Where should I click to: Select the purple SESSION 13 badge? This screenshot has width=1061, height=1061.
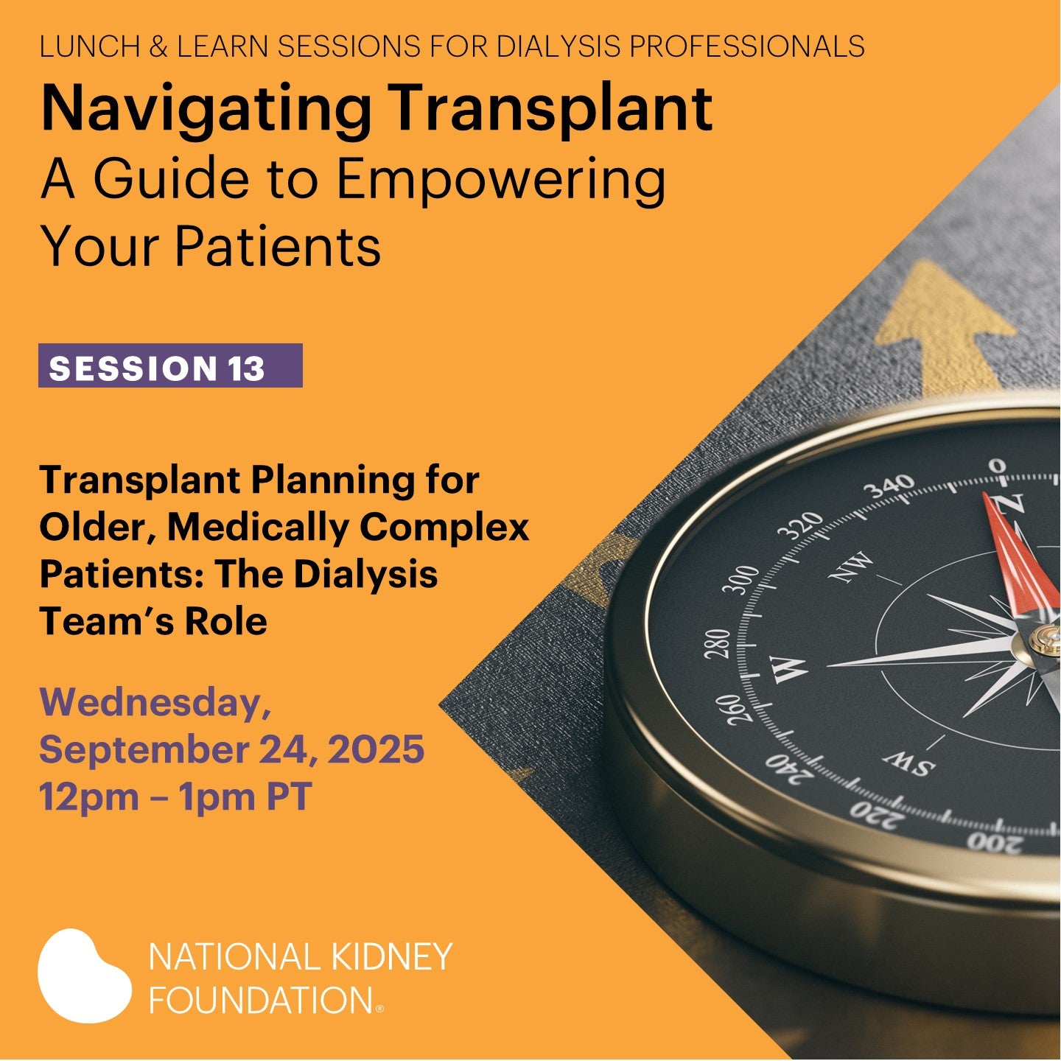pyautogui.click(x=170, y=365)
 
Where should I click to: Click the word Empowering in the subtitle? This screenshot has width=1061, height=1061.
pyautogui.click(x=500, y=180)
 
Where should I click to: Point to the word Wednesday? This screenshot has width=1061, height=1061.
pyautogui.click(x=155, y=703)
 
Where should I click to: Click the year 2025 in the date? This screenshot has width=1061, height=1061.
pyautogui.click(x=376, y=749)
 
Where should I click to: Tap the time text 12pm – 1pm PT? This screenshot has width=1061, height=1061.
pyautogui.click(x=175, y=796)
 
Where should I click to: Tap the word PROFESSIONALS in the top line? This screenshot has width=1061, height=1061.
pyautogui.click(x=746, y=46)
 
